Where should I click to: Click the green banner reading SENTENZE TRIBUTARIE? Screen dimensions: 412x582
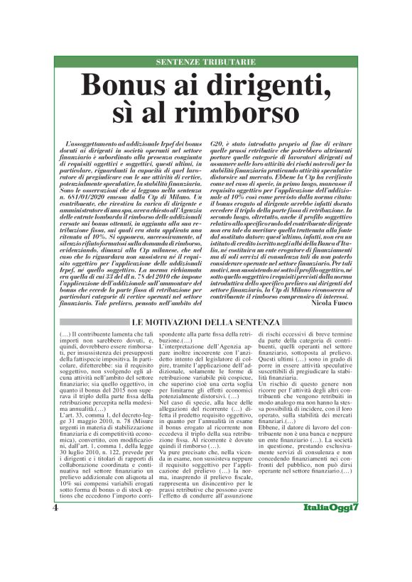pyautogui.click(x=205, y=62)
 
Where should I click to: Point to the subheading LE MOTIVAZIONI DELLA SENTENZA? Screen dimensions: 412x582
pyautogui.click(x=206, y=324)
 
